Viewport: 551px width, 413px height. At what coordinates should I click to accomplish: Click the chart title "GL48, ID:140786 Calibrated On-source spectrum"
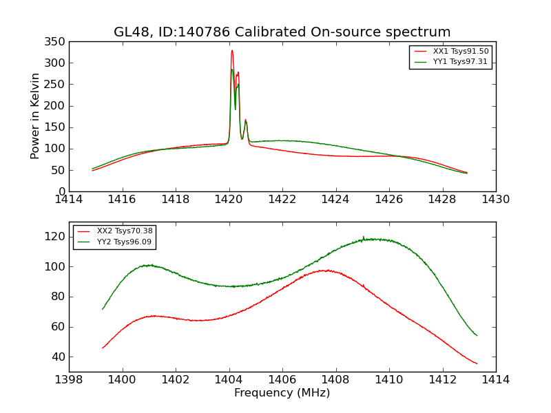tap(282, 32)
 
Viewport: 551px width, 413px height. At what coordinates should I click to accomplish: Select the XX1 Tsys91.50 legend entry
tap(451, 52)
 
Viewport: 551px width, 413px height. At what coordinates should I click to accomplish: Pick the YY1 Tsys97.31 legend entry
tap(451, 61)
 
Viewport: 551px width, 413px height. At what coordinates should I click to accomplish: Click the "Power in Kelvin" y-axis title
tap(35, 116)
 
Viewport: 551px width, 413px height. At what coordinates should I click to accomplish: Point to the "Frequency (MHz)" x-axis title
tap(282, 393)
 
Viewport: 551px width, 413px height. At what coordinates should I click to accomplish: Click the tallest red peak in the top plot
tap(232, 50)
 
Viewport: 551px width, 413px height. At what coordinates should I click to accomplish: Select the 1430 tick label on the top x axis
tap(495, 199)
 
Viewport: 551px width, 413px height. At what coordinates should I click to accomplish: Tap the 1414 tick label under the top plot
tap(70, 199)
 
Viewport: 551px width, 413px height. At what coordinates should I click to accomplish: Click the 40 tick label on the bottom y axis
tap(58, 357)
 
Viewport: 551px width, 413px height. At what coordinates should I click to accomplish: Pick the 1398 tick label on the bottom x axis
tap(70, 379)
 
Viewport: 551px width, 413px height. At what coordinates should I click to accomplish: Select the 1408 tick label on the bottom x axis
tap(335, 379)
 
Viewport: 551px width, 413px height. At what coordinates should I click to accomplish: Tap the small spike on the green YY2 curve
tap(364, 237)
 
